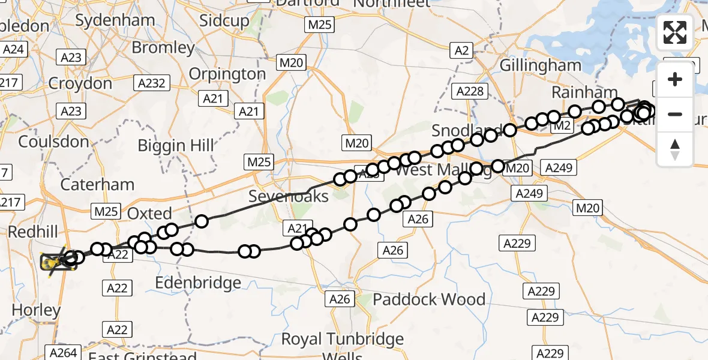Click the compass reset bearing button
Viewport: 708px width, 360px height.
coord(675,150)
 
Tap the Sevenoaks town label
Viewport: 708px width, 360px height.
coord(289,196)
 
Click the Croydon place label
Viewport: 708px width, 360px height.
coord(80,83)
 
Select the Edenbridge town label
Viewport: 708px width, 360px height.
coord(198,283)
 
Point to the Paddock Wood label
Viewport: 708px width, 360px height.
coord(429,299)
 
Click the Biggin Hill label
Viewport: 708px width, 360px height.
coord(175,145)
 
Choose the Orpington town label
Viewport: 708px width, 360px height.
coord(227,74)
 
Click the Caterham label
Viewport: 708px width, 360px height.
coord(97,184)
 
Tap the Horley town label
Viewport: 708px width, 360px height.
coord(36,310)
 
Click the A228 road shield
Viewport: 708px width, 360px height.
coord(470,91)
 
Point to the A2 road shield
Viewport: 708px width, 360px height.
coord(461,51)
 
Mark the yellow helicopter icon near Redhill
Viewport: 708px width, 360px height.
coord(57,262)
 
